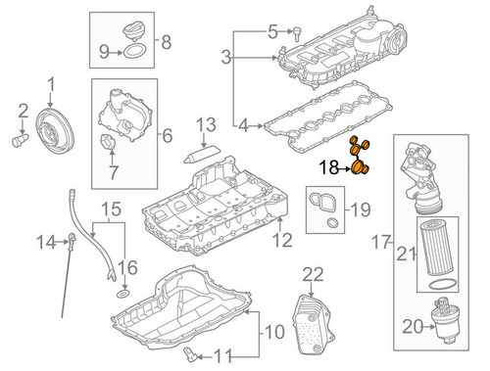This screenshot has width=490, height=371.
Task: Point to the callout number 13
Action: point(205,125)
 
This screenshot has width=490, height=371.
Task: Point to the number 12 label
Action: point(282,239)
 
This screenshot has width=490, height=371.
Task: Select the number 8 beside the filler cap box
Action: point(166,42)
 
